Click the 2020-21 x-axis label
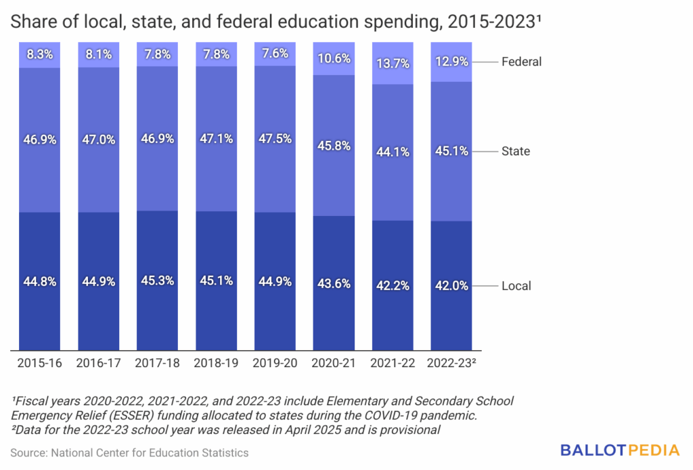coord(334,363)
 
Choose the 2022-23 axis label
coord(452,363)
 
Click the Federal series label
coord(521,62)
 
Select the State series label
coord(516,151)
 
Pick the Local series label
coord(516,286)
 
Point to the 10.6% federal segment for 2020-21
coord(334,59)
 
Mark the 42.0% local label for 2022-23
coord(451,286)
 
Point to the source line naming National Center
coord(129,452)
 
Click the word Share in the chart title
coord(28,22)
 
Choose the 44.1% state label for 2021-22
coord(393,152)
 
